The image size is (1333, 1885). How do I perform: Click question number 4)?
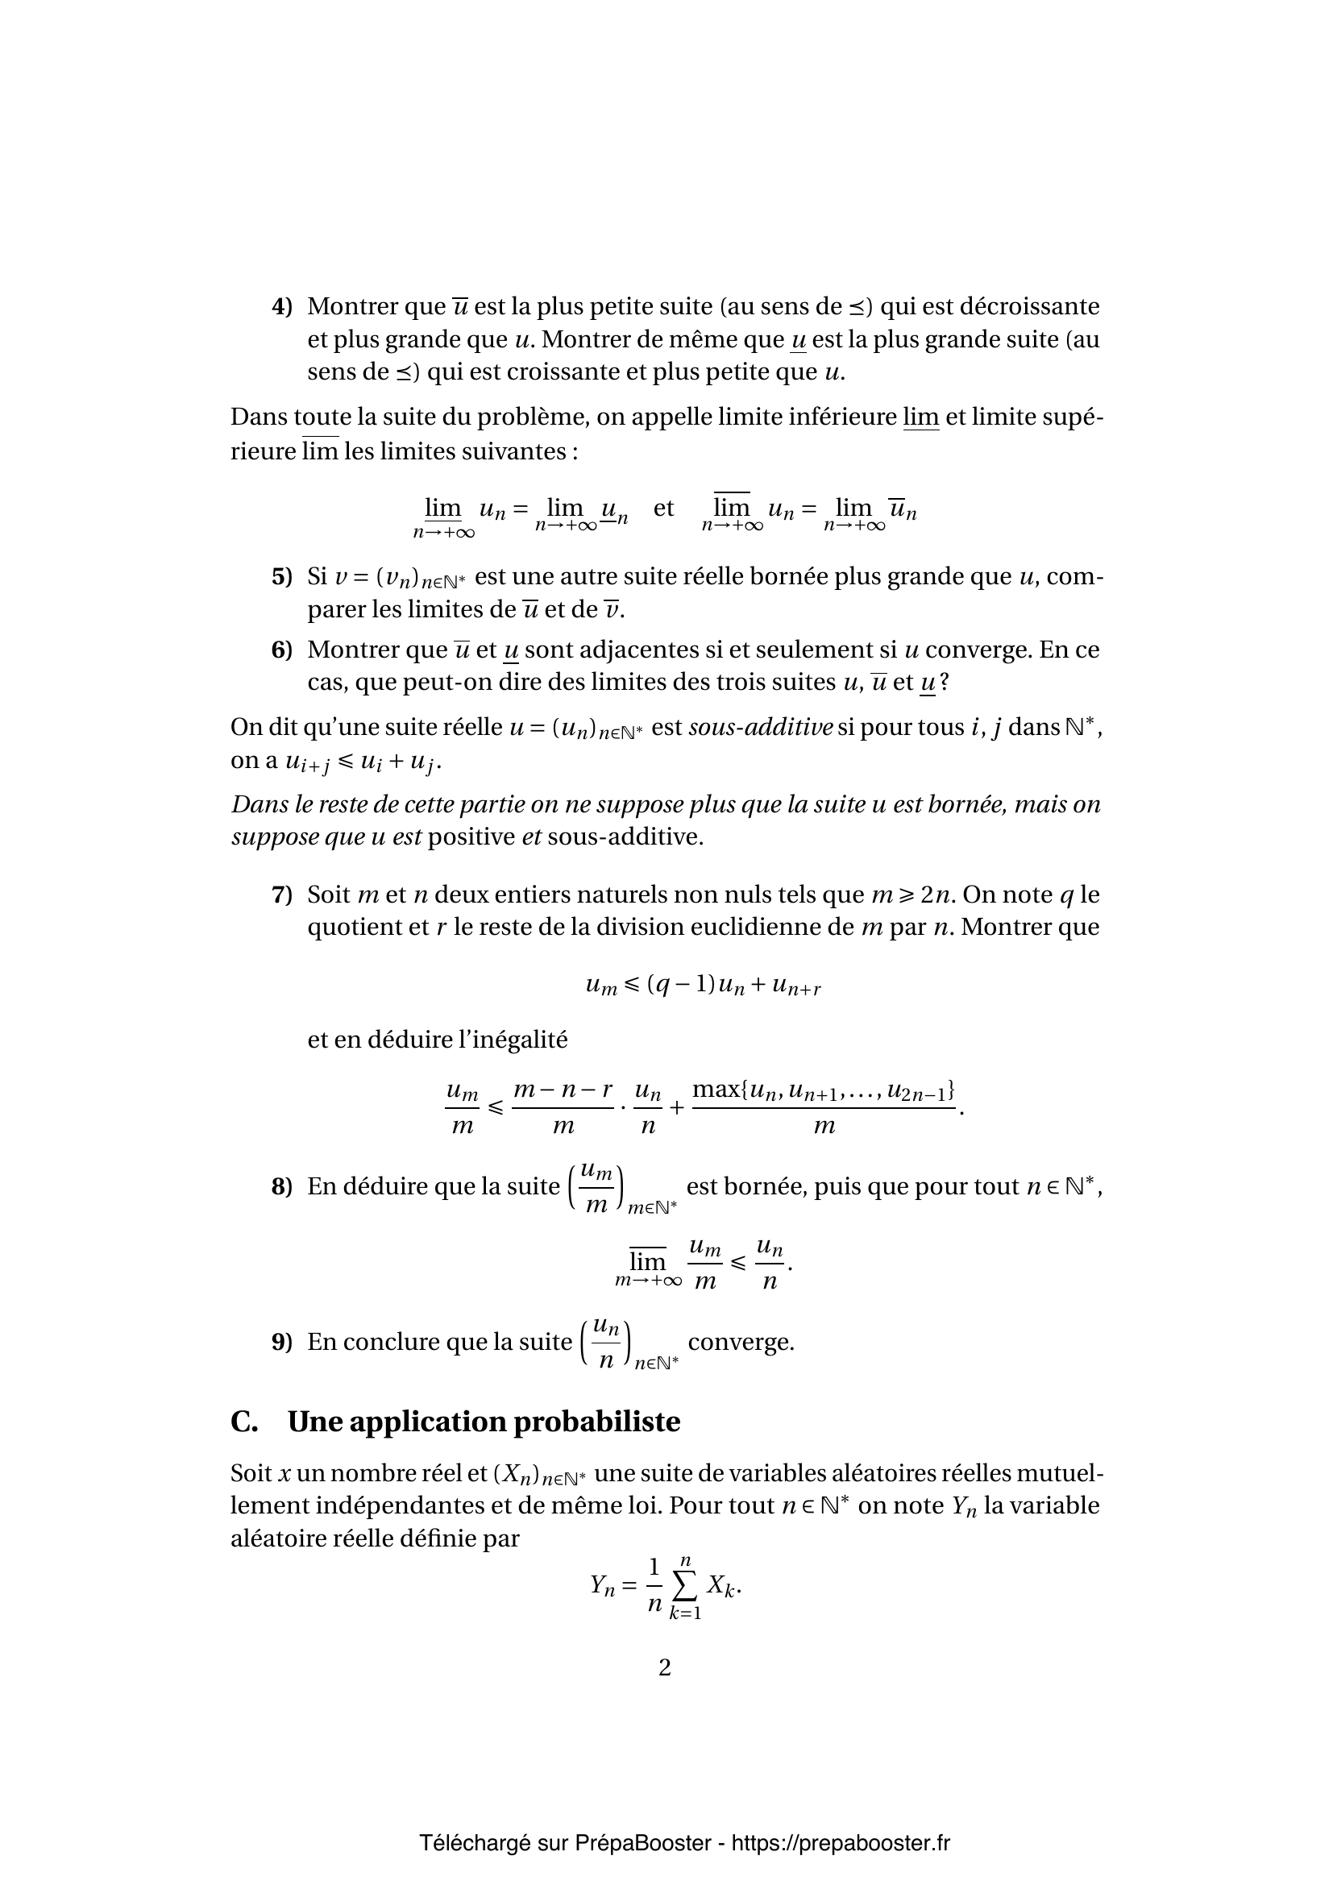(x=281, y=307)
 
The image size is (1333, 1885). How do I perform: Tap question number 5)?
(x=281, y=577)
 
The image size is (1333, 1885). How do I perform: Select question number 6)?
(x=281, y=650)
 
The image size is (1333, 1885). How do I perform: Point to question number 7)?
(x=281, y=895)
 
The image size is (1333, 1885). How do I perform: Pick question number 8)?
(x=281, y=1186)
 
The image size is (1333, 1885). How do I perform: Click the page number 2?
(x=665, y=1667)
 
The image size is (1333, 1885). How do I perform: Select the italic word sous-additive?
(x=761, y=728)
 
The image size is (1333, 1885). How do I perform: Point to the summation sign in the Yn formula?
(x=685, y=1587)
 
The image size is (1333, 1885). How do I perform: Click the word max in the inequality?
(x=716, y=1090)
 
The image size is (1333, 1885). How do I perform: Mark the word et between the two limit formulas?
(x=663, y=509)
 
